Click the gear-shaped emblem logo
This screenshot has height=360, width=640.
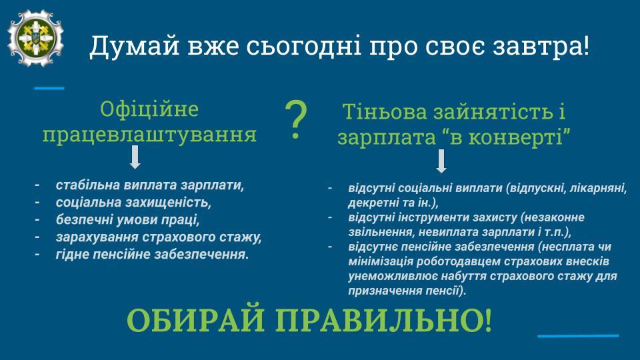[x=35, y=38]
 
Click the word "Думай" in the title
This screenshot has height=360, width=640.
[x=135, y=45]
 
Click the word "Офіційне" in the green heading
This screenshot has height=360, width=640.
[x=149, y=109]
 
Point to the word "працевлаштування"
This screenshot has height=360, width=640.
[x=149, y=134]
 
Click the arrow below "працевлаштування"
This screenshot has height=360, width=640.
[x=135, y=157]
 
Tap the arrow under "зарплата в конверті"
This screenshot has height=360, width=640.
[x=441, y=161]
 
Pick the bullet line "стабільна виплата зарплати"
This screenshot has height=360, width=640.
[x=150, y=185]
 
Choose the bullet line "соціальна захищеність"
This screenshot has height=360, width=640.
[x=133, y=203]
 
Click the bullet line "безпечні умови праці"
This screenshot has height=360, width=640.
[x=128, y=219]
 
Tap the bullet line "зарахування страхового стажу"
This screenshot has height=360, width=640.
[x=159, y=237]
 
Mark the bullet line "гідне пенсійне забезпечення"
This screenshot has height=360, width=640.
[x=152, y=255]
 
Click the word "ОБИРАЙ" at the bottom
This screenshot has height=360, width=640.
[x=196, y=321]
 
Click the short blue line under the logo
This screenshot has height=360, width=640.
[x=49, y=88]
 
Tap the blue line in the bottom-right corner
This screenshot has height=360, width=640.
[x=578, y=336]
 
